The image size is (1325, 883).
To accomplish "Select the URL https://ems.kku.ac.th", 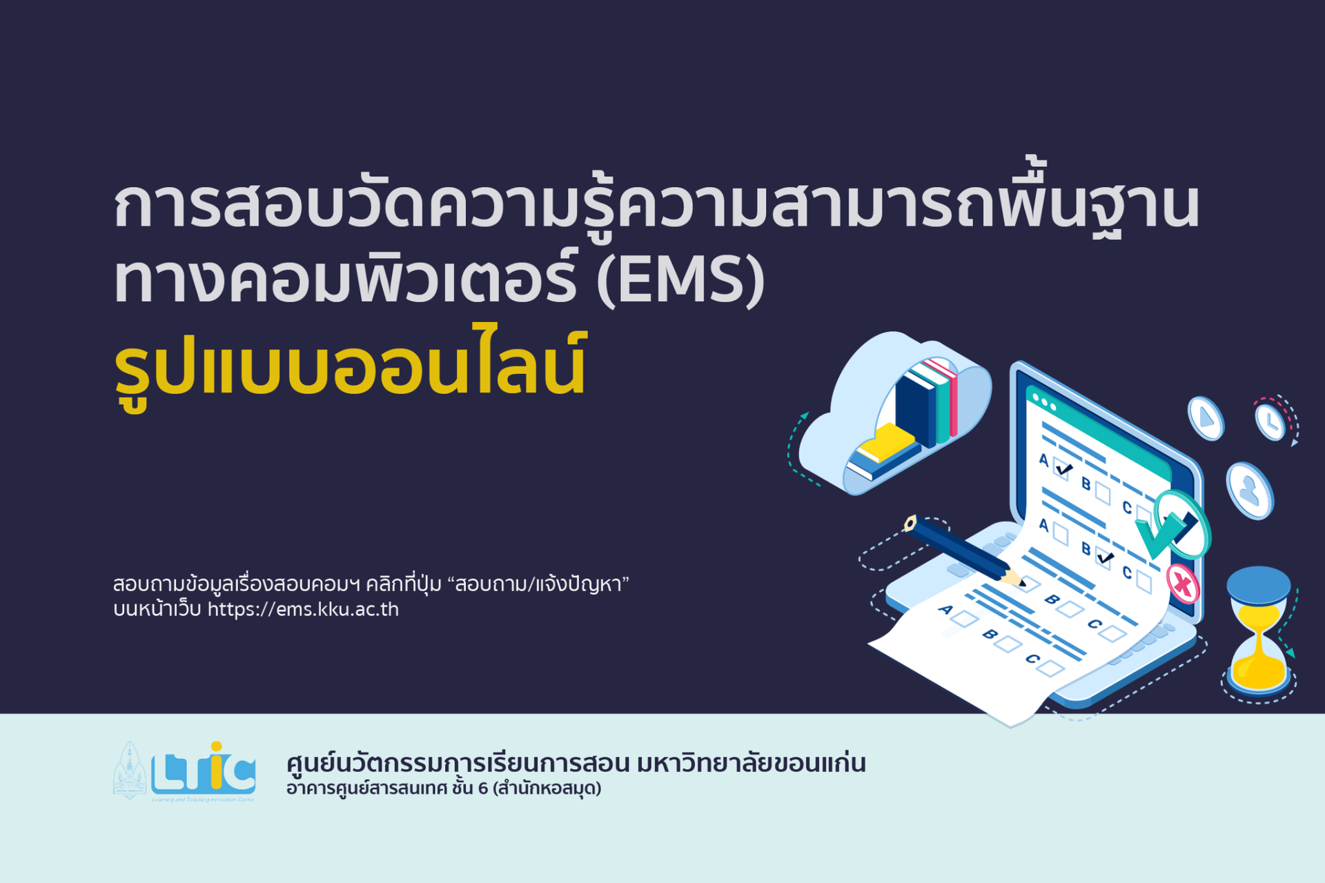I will (303, 610).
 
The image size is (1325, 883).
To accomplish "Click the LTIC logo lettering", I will (204, 770).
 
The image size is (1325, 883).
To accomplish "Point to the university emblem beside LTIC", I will (129, 771).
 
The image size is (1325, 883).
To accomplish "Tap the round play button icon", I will (1206, 418).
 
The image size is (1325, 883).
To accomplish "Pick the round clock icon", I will (1270, 421).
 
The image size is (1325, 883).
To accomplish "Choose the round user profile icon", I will (1249, 490).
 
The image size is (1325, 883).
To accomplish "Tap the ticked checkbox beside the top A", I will (1063, 469).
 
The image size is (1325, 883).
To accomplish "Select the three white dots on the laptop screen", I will (1043, 402).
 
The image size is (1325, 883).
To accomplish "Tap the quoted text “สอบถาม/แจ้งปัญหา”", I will (538, 584).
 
